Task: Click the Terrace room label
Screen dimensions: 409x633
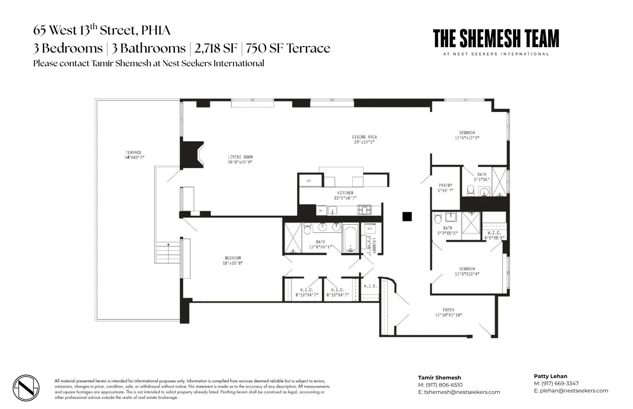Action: pyautogui.click(x=133, y=153)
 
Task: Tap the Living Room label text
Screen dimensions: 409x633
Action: pyautogui.click(x=240, y=157)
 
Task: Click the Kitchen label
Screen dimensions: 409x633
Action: pyautogui.click(x=345, y=193)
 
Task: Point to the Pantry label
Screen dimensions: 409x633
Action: pyautogui.click(x=446, y=185)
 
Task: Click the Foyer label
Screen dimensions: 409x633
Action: pyautogui.click(x=448, y=310)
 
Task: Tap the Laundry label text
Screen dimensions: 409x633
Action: pyautogui.click(x=374, y=246)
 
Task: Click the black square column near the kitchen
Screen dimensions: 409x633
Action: pyautogui.click(x=407, y=216)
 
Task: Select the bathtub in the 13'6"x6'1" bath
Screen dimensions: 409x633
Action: pyautogui.click(x=350, y=238)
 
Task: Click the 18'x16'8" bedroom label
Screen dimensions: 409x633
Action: pyautogui.click(x=233, y=258)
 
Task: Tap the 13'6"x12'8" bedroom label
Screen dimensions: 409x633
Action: pyautogui.click(x=467, y=133)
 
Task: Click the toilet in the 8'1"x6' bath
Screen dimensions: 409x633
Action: pyautogui.click(x=470, y=190)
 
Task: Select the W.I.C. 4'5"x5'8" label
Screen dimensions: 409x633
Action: pyautogui.click(x=494, y=233)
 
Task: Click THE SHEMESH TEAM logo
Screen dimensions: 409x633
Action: pyautogui.click(x=496, y=39)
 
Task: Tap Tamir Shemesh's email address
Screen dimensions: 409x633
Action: pyautogui.click(x=462, y=392)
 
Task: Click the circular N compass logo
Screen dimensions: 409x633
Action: pyautogui.click(x=26, y=388)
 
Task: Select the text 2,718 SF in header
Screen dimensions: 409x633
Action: pyautogui.click(x=216, y=48)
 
